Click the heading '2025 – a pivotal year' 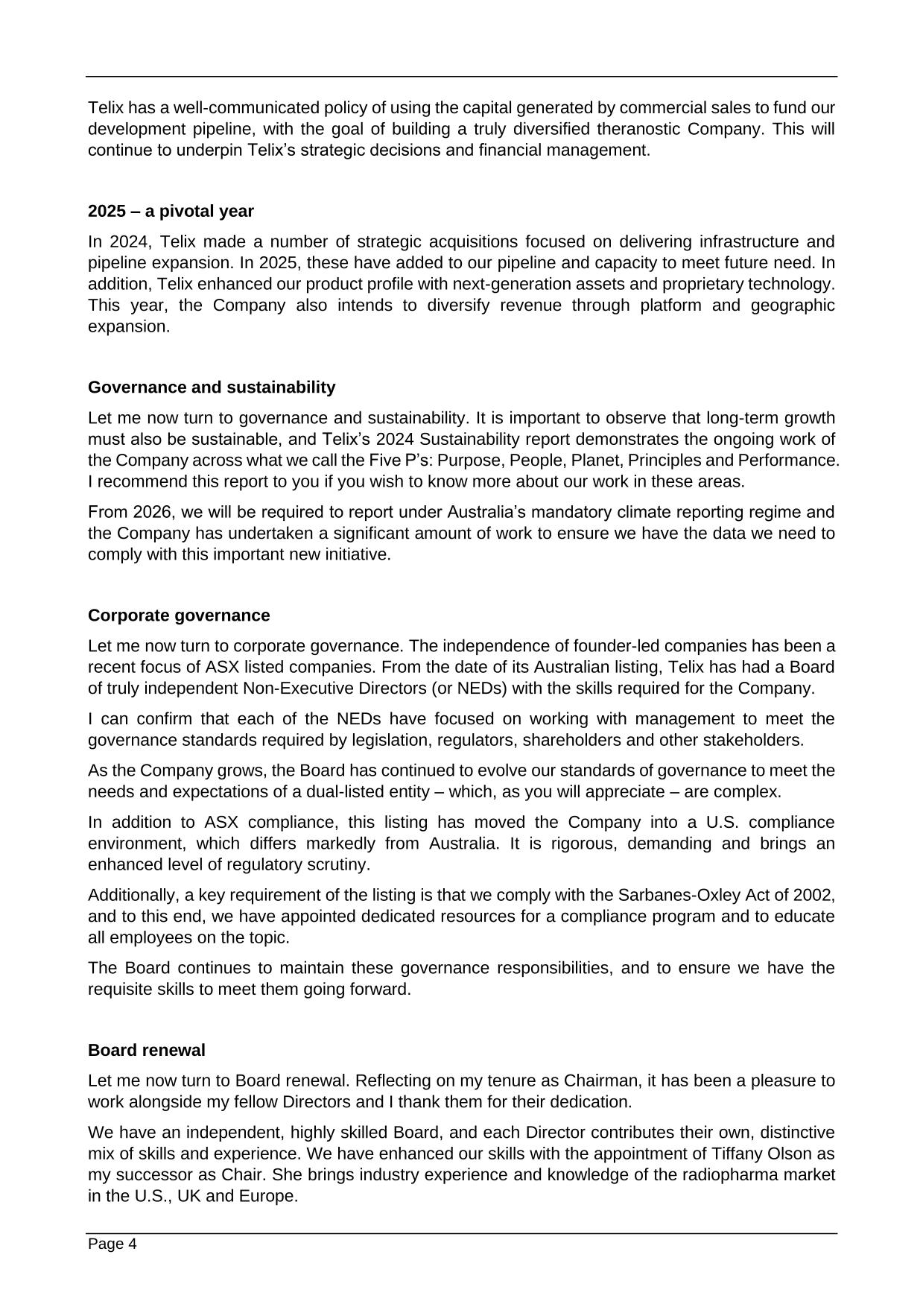[171, 212]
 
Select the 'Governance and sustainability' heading [212, 387]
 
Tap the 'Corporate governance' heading [179, 615]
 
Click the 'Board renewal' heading [146, 1051]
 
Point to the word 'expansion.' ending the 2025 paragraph [129, 326]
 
